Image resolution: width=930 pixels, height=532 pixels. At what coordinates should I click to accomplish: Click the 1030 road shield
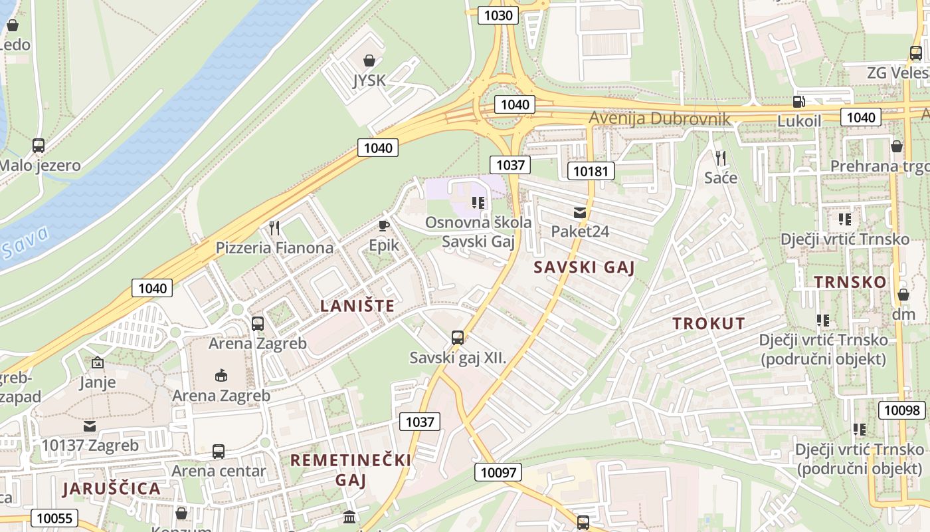pos(498,15)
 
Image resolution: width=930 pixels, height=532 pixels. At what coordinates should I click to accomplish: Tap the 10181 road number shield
pos(591,171)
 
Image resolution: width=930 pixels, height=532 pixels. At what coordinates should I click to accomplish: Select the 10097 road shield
pos(498,472)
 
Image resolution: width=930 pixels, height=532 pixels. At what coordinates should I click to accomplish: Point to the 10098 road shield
pos(902,410)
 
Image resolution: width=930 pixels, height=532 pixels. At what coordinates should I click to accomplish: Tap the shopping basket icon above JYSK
pos(369,61)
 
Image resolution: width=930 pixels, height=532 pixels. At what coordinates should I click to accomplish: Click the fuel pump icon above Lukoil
pos(799,102)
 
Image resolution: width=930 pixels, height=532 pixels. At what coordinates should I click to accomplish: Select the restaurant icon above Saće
pos(720,158)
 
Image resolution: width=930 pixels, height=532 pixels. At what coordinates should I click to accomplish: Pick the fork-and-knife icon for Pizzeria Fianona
pos(274,228)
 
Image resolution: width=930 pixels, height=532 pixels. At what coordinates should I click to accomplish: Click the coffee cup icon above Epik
pos(383,225)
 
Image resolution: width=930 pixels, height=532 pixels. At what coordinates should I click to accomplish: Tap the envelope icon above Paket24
pos(580,212)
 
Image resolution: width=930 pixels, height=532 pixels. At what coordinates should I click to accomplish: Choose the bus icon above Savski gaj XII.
pos(457,337)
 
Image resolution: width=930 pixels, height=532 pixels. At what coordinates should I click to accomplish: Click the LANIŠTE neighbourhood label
pos(357,306)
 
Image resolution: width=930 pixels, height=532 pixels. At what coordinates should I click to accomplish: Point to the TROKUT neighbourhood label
pos(709,324)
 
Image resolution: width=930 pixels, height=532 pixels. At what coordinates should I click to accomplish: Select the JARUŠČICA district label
pos(112,489)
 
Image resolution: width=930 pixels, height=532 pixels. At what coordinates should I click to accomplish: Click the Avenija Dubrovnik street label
pos(660,119)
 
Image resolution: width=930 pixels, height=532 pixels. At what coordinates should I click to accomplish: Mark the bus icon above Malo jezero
pos(39,146)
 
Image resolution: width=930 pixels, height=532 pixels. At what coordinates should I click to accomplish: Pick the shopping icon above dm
pos(903,294)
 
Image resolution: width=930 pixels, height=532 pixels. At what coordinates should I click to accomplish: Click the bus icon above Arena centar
pos(218,451)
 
